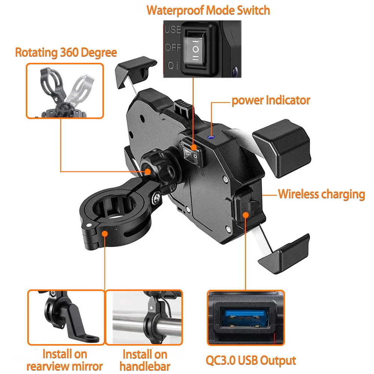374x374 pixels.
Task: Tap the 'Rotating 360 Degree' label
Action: click(66, 52)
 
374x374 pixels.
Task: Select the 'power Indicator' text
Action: click(271, 100)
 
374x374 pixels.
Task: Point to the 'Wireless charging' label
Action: click(321, 194)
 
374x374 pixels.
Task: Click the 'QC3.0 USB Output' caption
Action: click(251, 361)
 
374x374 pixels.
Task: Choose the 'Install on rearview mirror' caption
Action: click(65, 360)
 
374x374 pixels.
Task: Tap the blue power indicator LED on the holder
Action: click(212, 137)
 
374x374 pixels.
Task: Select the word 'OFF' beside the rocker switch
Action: click(173, 48)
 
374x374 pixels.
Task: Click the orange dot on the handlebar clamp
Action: click(105, 233)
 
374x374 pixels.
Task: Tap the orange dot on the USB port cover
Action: click(246, 214)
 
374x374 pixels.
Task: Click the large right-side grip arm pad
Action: click(283, 148)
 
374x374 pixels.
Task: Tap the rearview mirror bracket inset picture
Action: click(65, 317)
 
